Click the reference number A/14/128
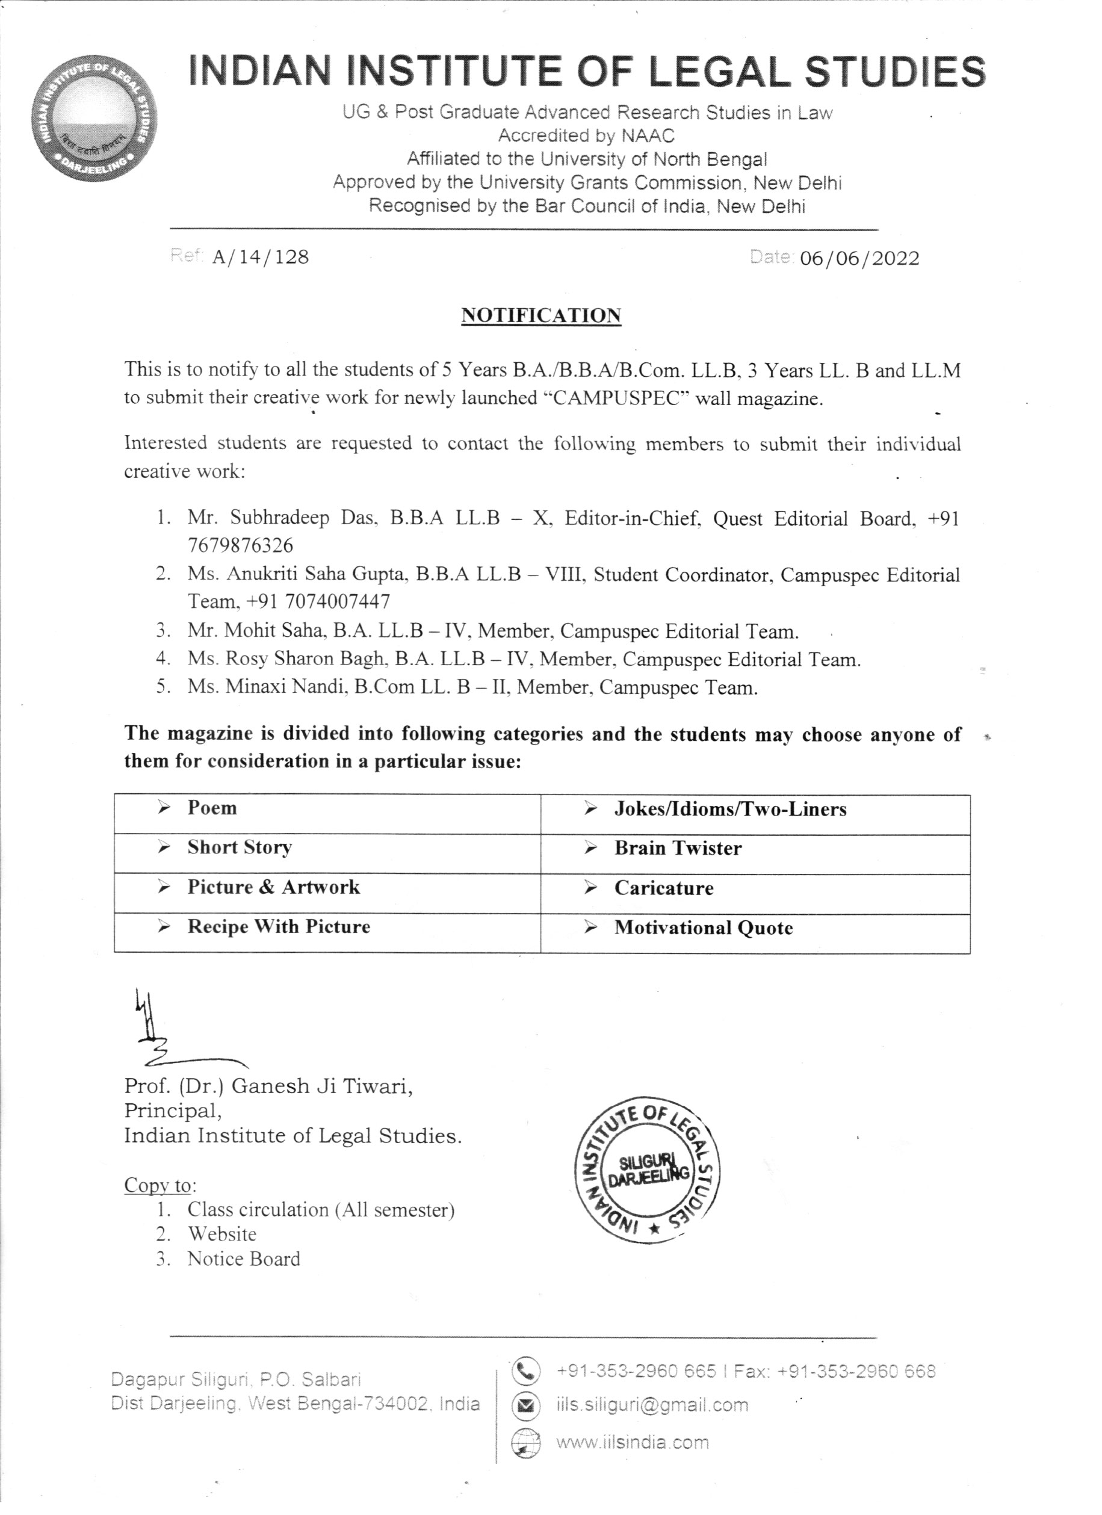point(261,257)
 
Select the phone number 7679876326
point(240,546)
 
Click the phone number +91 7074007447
point(318,602)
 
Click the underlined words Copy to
point(160,1185)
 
